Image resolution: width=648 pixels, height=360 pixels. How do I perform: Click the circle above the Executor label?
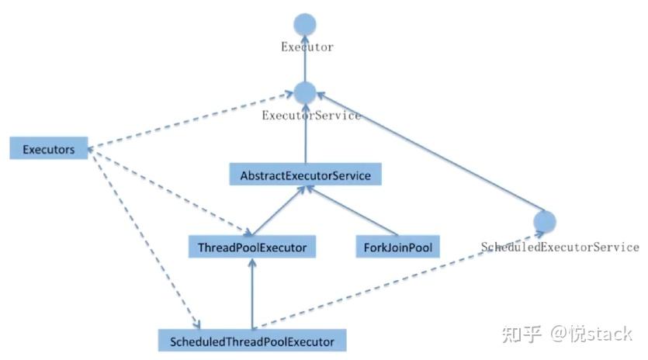[306, 22]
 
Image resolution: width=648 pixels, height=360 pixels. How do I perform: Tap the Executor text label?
[307, 47]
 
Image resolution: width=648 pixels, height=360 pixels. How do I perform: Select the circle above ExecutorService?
[305, 93]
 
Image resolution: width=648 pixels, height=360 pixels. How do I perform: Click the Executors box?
[49, 149]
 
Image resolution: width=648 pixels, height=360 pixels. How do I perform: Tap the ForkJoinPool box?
[397, 248]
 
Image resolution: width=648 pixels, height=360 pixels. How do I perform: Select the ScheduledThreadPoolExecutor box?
[251, 341]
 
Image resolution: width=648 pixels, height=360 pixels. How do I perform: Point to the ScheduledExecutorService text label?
[560, 247]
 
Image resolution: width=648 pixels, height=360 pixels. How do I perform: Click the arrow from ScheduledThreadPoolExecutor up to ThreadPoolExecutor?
[251, 295]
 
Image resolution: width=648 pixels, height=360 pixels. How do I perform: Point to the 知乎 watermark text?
[522, 334]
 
